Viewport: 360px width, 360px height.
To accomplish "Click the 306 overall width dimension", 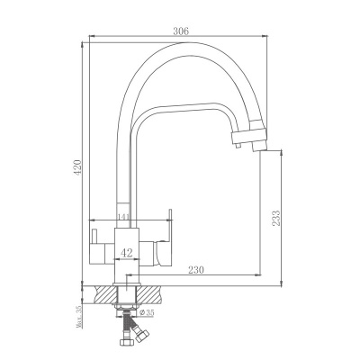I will pos(180,31).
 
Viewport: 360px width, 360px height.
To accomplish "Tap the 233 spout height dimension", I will pos(276,217).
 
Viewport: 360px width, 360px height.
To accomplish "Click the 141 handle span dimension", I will pos(125,217).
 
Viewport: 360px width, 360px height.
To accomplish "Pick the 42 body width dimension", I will pos(128,253).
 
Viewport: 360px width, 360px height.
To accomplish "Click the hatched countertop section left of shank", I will pos(104,294).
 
